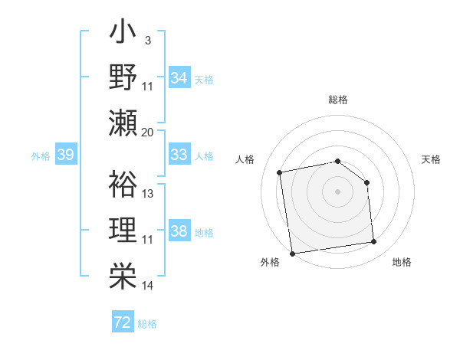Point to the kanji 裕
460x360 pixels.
click(123, 185)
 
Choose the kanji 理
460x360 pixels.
click(123, 229)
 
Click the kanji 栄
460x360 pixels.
click(123, 274)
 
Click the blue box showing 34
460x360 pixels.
click(179, 77)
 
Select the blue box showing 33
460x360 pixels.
click(179, 155)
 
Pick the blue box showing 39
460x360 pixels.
click(66, 155)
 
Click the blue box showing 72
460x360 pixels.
click(123, 322)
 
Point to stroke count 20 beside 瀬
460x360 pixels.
click(148, 132)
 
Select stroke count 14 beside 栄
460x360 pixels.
click(148, 286)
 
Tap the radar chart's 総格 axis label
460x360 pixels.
click(338, 100)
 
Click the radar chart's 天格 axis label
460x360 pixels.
click(432, 159)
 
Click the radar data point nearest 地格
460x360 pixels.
click(374, 242)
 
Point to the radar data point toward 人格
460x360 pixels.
click(281, 172)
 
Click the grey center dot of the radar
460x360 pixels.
click(338, 191)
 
